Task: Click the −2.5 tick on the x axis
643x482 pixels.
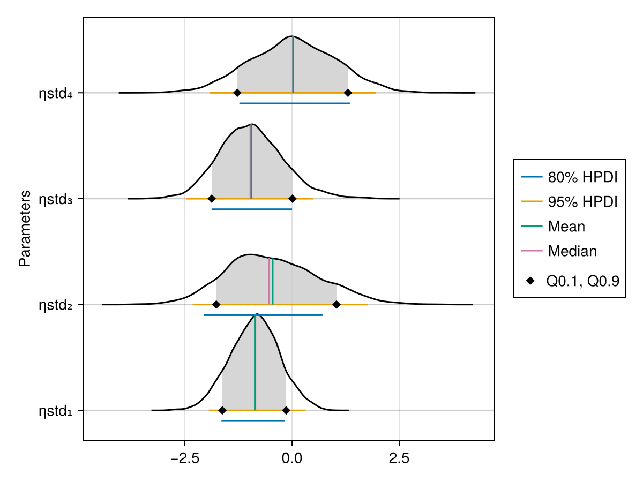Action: pos(184,459)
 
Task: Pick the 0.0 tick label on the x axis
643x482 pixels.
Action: pos(291,459)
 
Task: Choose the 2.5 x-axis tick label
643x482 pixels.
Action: pos(399,459)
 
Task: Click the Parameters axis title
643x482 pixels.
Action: pos(25,228)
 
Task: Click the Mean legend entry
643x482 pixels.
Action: pos(566,227)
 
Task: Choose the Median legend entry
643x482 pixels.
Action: pos(572,251)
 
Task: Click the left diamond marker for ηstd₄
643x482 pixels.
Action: pos(237,93)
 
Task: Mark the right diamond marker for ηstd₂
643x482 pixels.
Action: pos(337,304)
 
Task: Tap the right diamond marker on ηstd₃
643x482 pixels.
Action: pos(293,199)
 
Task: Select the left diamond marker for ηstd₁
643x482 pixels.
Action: pos(222,410)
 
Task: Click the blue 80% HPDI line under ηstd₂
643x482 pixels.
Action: pos(263,315)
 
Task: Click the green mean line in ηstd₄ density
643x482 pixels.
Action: pos(293,64)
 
